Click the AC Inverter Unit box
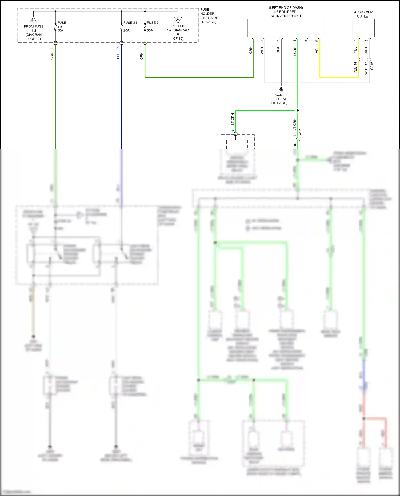(x=286, y=28)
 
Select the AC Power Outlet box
(x=363, y=28)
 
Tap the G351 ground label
(x=279, y=95)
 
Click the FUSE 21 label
(x=130, y=23)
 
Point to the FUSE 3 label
(x=153, y=23)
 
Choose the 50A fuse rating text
(x=60, y=31)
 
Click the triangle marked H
(x=33, y=20)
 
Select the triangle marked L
(x=178, y=19)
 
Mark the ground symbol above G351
(x=281, y=89)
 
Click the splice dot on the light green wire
(x=298, y=110)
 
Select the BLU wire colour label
(x=118, y=55)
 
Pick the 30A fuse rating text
(x=150, y=31)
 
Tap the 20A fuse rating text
(x=126, y=31)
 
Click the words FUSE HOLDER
(x=207, y=11)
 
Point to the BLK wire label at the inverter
(x=278, y=50)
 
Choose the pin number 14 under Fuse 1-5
(x=52, y=47)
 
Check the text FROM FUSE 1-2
(x=34, y=29)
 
